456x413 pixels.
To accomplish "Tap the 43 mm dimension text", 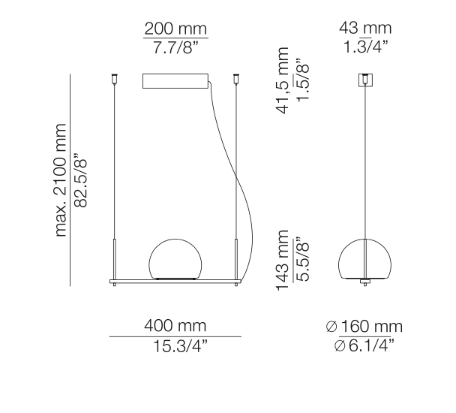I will (x=365, y=29).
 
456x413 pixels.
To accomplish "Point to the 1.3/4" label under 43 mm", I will (x=365, y=47).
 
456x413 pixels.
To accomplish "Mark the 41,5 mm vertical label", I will (x=283, y=79).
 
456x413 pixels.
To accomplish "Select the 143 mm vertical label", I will (x=283, y=264).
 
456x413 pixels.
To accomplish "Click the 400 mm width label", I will (x=175, y=327).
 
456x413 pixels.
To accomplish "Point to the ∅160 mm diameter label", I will (x=364, y=327).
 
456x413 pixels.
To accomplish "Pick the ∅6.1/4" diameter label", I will (x=364, y=345).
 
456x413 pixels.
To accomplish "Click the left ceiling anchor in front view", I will (x=115, y=77).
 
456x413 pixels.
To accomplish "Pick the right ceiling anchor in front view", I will (x=238, y=77).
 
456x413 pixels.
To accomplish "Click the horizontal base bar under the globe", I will (x=175, y=282).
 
